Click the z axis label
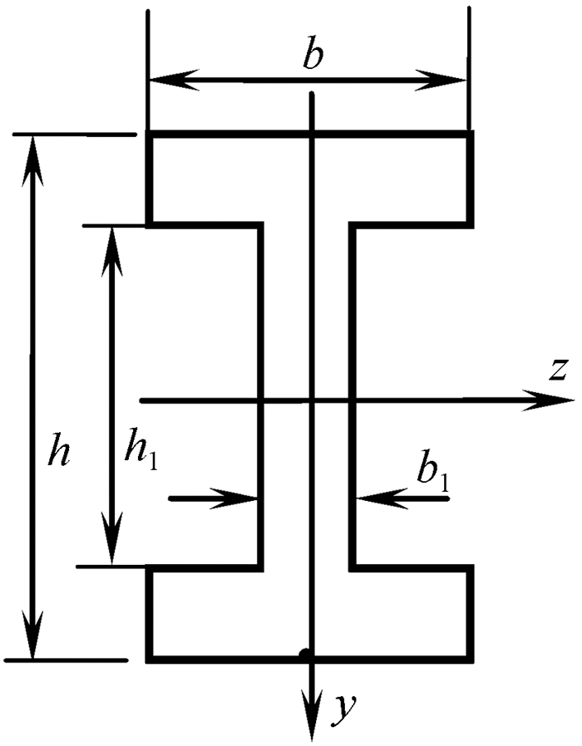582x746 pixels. [557, 371]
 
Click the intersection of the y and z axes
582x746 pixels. [311, 400]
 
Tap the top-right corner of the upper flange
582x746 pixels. [472, 133]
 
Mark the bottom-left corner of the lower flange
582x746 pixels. [149, 660]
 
